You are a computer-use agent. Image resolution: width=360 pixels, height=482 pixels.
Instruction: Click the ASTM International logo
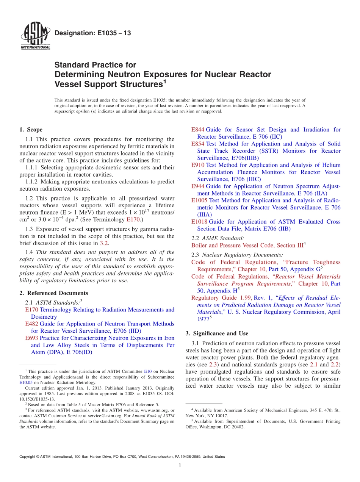click(35, 37)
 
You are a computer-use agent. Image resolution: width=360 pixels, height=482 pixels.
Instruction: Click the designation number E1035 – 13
click(93, 33)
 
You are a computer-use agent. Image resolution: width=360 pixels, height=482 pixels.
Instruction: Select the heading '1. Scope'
click(31, 130)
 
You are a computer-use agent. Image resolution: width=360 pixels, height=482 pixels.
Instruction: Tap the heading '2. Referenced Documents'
click(53, 293)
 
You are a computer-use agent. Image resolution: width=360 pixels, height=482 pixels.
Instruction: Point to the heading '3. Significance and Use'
click(217, 333)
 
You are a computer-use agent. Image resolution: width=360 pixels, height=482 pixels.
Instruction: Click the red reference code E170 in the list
click(31, 310)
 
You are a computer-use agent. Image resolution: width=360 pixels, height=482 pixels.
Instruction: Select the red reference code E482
click(31, 324)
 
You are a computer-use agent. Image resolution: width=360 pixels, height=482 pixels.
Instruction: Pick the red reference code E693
click(31, 338)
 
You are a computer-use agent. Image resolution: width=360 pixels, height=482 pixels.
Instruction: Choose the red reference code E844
click(198, 130)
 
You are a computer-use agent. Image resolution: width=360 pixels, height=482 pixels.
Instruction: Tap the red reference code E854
click(198, 144)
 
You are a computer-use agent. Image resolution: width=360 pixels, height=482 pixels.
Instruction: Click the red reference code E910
click(198, 165)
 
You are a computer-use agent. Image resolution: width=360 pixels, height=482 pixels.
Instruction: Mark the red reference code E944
click(198, 186)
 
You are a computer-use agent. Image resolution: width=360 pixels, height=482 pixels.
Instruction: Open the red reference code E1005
click(199, 200)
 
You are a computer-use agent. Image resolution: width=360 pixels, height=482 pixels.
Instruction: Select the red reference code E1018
click(199, 222)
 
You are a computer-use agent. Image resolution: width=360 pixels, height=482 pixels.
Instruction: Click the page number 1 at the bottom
click(180, 466)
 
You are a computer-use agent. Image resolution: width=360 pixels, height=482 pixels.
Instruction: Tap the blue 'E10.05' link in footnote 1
click(26, 382)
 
